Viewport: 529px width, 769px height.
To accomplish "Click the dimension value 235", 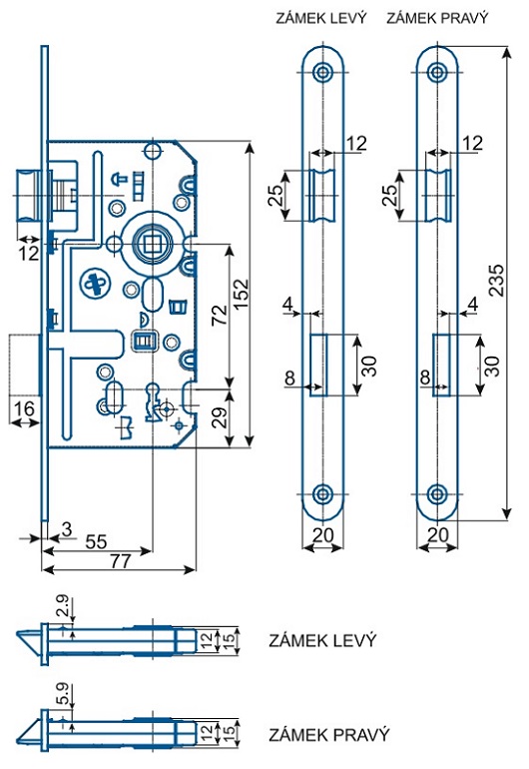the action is [496, 280].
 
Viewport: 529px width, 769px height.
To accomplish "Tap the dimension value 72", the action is [221, 314].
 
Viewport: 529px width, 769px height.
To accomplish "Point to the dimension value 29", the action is [221, 417].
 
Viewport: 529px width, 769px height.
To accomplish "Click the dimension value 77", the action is [121, 560].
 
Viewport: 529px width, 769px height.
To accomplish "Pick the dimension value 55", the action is [96, 541].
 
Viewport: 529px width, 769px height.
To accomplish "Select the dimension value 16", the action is [24, 408].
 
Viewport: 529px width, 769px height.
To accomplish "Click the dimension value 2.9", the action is [63, 606].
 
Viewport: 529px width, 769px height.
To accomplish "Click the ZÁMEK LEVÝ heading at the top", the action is [321, 18].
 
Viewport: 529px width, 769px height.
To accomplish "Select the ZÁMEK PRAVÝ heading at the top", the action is [438, 18].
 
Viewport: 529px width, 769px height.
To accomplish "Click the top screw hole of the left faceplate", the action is [322, 72].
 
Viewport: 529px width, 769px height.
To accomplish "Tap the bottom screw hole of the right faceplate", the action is [437, 494].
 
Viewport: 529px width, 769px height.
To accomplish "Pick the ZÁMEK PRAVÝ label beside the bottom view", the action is [329, 735].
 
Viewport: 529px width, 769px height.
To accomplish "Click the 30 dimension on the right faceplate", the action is [492, 366].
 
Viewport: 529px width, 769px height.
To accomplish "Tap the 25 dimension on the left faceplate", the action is [276, 195].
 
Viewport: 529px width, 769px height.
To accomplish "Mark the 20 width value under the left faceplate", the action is [322, 534].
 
